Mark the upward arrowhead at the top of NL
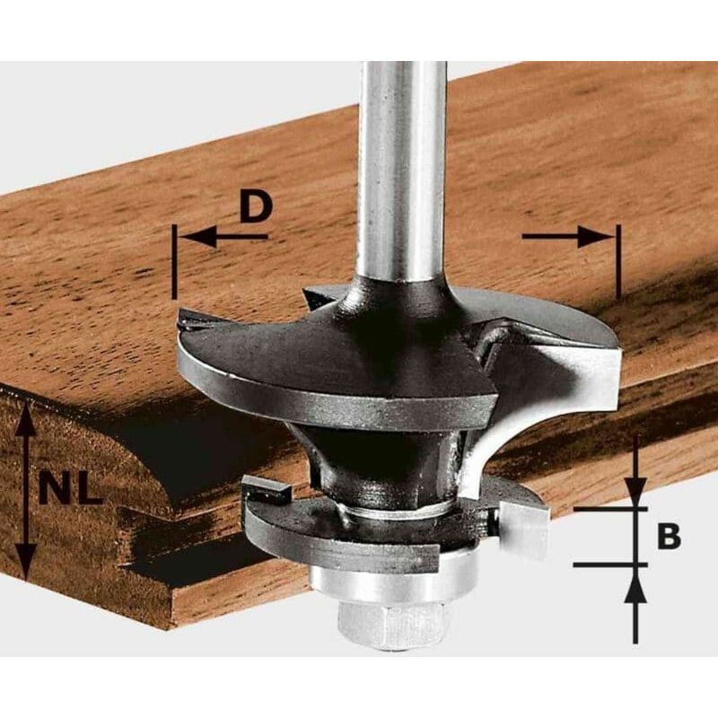(x=27, y=421)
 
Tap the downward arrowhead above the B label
(x=635, y=490)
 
